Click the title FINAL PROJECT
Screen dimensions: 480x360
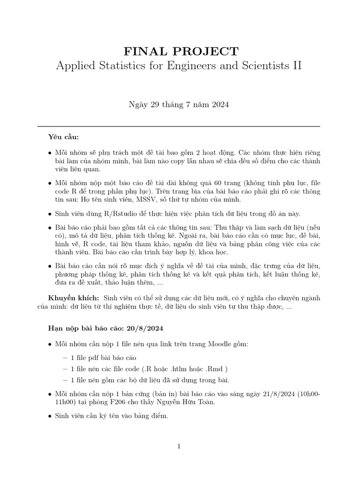pos(180,52)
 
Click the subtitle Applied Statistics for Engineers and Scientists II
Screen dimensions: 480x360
pos(179,66)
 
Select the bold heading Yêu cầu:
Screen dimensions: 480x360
pos(64,137)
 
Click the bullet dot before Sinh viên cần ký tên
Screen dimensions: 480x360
pos(50,416)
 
